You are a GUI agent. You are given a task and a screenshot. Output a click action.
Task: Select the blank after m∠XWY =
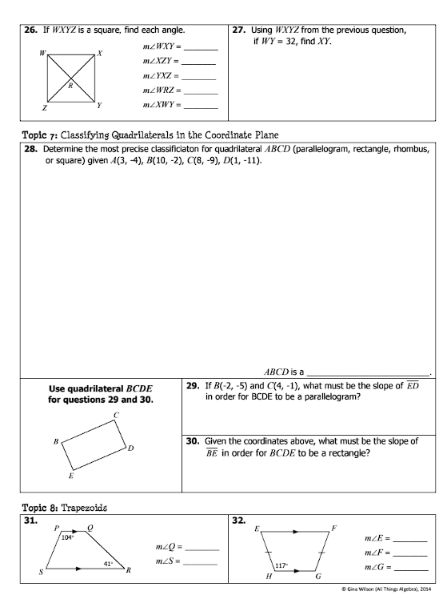click(x=200, y=106)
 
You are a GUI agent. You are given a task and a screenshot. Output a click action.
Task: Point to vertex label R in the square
click(x=70, y=84)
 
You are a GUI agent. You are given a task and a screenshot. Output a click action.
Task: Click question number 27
click(x=237, y=30)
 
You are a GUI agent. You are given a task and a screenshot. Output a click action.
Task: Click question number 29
click(x=192, y=385)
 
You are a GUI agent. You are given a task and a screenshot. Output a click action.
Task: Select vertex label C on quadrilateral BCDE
click(x=116, y=415)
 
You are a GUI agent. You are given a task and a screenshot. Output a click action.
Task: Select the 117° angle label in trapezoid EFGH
click(x=281, y=565)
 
